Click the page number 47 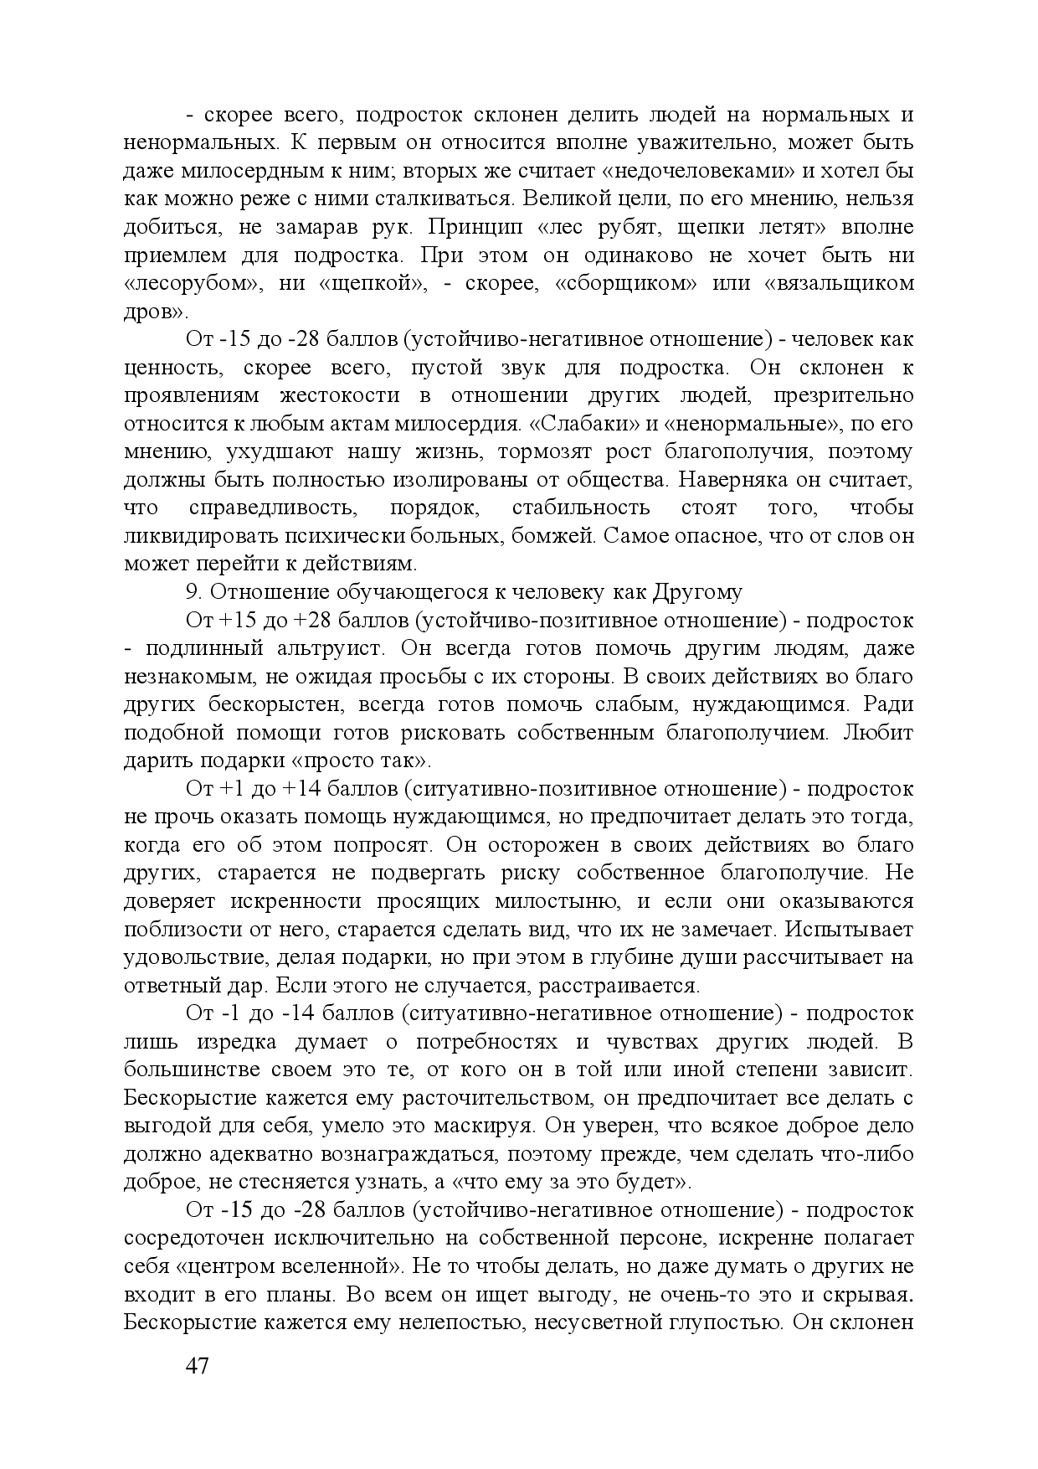pos(197,1366)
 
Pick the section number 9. pos(193,592)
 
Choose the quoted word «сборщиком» pos(625,283)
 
